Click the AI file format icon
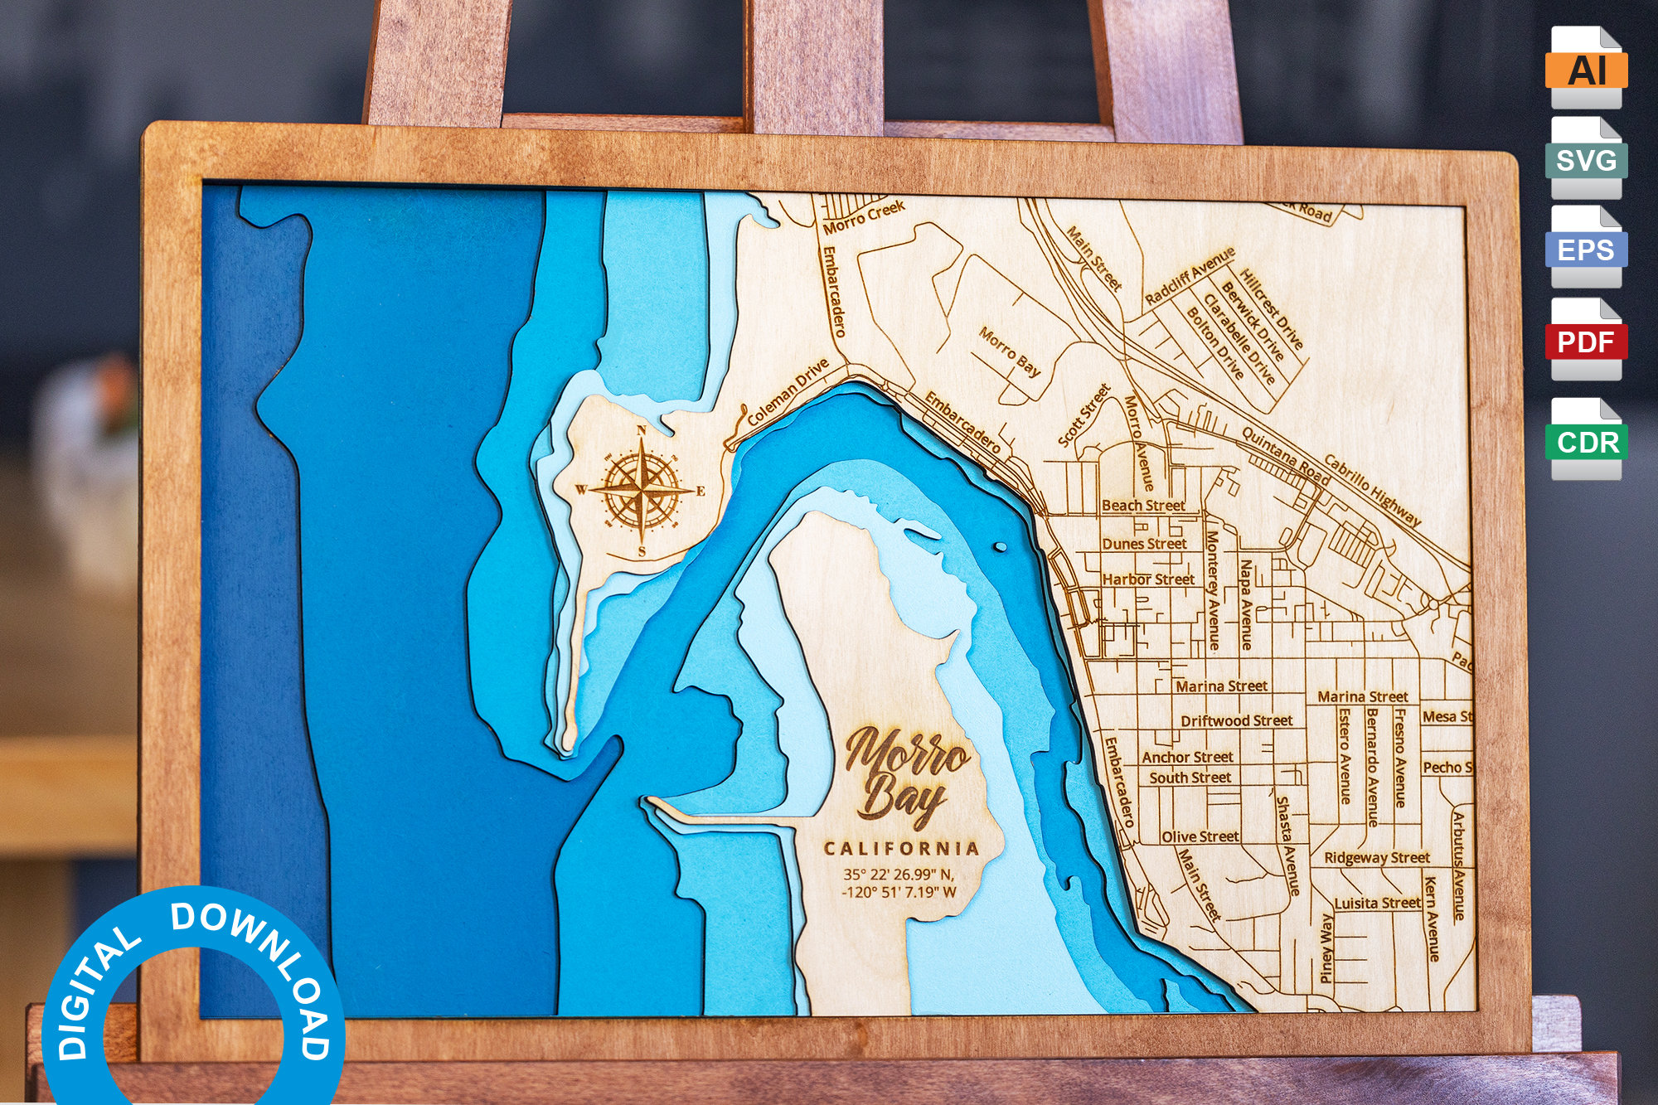pyautogui.click(x=1586, y=68)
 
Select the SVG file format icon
pyautogui.click(x=1586, y=158)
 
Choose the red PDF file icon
pyautogui.click(x=1586, y=340)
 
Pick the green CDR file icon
pyautogui.click(x=1587, y=440)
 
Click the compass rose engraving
pyautogui.click(x=642, y=490)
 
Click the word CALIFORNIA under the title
pyautogui.click(x=901, y=848)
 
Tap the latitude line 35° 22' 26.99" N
pyautogui.click(x=899, y=874)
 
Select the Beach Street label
pyautogui.click(x=1143, y=505)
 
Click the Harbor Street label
pyautogui.click(x=1148, y=579)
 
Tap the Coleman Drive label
pyautogui.click(x=788, y=392)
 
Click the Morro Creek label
pyautogui.click(x=864, y=216)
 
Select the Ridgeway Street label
pyautogui.click(x=1376, y=857)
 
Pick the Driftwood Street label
pyautogui.click(x=1236, y=720)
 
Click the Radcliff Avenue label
pyautogui.click(x=1190, y=274)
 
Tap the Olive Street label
pyautogui.click(x=1200, y=836)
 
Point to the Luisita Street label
pyautogui.click(x=1377, y=903)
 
